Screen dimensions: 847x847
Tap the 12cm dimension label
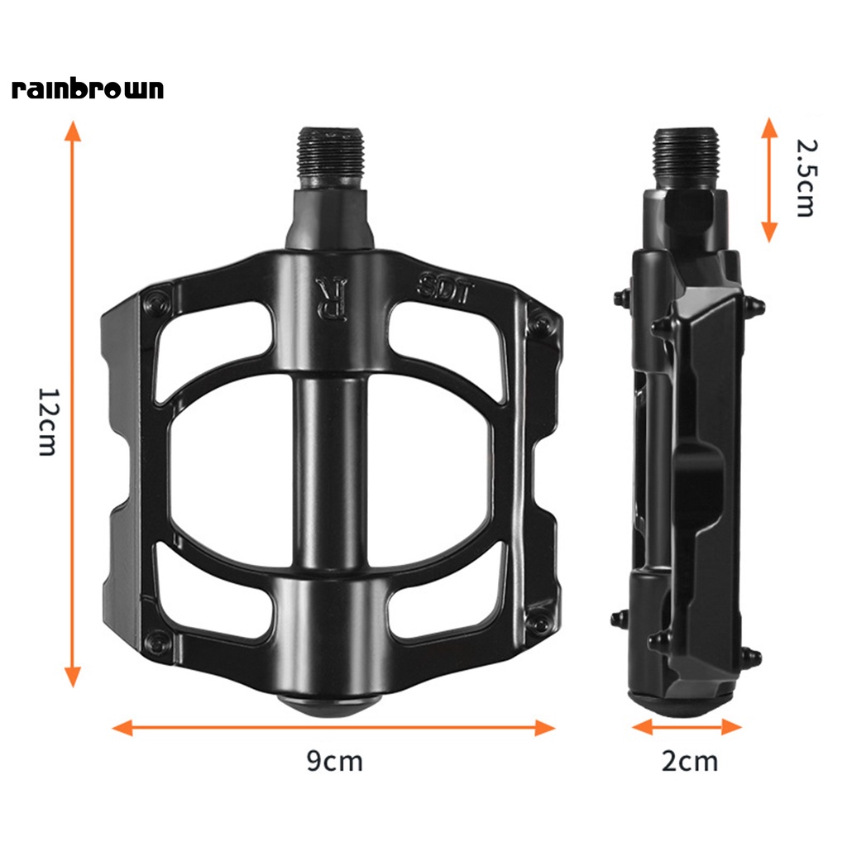pos(48,422)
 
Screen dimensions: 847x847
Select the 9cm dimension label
pos(334,760)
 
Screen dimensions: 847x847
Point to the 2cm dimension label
pos(690,760)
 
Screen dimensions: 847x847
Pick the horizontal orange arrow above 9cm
pos(333,727)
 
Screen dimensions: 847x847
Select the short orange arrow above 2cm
pos(687,726)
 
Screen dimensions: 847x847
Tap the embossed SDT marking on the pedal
pos(443,289)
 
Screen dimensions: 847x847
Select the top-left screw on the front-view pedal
pos(155,303)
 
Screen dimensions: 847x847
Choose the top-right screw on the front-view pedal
pos(541,323)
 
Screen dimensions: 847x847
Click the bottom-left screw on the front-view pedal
pos(155,641)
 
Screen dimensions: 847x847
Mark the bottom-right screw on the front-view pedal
pos(541,624)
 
